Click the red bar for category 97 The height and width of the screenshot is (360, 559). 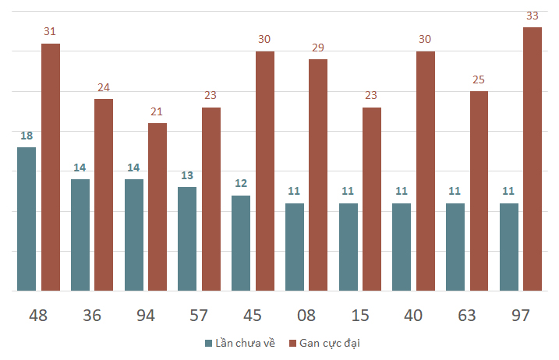532,160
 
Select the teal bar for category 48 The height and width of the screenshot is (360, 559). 27,219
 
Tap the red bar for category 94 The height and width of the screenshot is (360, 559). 157,207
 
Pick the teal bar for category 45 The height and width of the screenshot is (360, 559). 241,243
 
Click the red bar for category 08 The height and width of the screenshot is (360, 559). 318,175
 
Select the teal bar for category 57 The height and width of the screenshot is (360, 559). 187,239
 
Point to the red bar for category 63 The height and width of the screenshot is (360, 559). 479,191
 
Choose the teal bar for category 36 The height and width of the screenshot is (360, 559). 80,235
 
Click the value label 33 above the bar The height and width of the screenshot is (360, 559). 532,16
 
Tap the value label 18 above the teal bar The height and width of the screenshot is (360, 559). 27,136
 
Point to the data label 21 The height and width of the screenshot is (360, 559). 157,111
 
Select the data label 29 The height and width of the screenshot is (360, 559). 318,48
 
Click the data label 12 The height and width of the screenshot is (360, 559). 241,184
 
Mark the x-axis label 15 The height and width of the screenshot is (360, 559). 359,316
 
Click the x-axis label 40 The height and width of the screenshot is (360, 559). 413,316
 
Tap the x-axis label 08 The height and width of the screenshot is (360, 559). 306,316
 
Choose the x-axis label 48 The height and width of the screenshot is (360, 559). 38,316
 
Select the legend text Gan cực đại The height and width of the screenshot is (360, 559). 331,343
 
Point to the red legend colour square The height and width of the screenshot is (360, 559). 293,343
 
